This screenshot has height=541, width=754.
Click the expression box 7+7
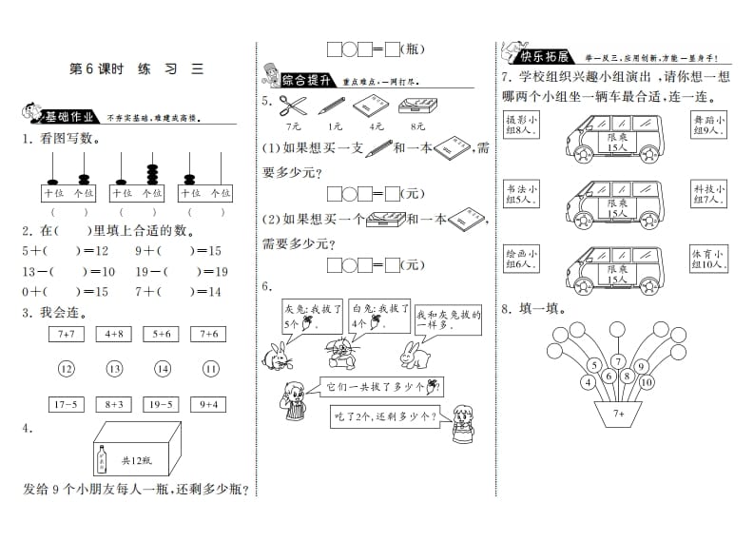click(x=66, y=334)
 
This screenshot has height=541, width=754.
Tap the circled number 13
click(x=114, y=369)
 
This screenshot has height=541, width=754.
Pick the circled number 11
click(x=210, y=369)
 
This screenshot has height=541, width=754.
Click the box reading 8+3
click(x=113, y=404)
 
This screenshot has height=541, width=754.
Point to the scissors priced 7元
click(x=294, y=107)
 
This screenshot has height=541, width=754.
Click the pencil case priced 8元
click(x=418, y=107)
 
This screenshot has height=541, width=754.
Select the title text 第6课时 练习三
click(x=138, y=68)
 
